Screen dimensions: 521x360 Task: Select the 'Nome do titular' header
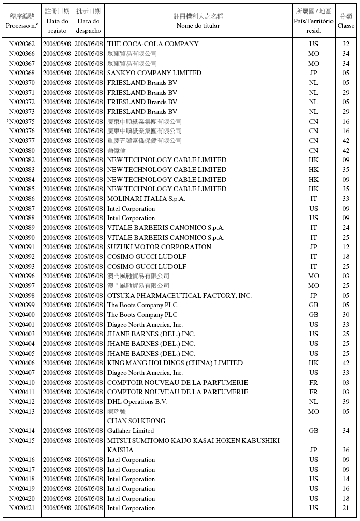pyautogui.click(x=198, y=25)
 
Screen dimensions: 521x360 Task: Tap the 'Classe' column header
pyautogui.click(x=346, y=25)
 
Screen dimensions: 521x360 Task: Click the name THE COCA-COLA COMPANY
pyautogui.click(x=153, y=44)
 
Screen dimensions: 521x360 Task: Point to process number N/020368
pyautogui.click(x=22, y=73)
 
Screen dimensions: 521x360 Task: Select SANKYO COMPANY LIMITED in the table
pyautogui.click(x=154, y=73)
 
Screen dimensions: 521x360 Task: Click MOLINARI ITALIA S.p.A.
pyautogui.click(x=146, y=199)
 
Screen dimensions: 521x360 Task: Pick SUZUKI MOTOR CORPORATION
pyautogui.click(x=159, y=247)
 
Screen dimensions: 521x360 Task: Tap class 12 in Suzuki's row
pyautogui.click(x=346, y=247)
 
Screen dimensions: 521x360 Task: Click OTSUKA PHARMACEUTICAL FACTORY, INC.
pyautogui.click(x=179, y=296)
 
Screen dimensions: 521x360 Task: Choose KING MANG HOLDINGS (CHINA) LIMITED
pyautogui.click(x=175, y=363)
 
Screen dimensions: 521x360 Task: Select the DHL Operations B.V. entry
pyautogui.click(x=137, y=402)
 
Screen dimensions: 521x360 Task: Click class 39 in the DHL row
pyautogui.click(x=346, y=402)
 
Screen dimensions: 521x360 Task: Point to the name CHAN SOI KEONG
pyautogui.click(x=136, y=421)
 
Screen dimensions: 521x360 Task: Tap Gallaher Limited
pyautogui.click(x=131, y=431)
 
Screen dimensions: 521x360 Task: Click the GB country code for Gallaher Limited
pyautogui.click(x=313, y=431)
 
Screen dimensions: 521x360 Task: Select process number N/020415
pyautogui.click(x=22, y=441)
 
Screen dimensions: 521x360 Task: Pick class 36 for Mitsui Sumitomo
pyautogui.click(x=346, y=451)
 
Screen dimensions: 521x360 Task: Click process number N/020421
pyautogui.click(x=22, y=509)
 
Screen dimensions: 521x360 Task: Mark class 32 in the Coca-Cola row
pyautogui.click(x=346, y=44)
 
